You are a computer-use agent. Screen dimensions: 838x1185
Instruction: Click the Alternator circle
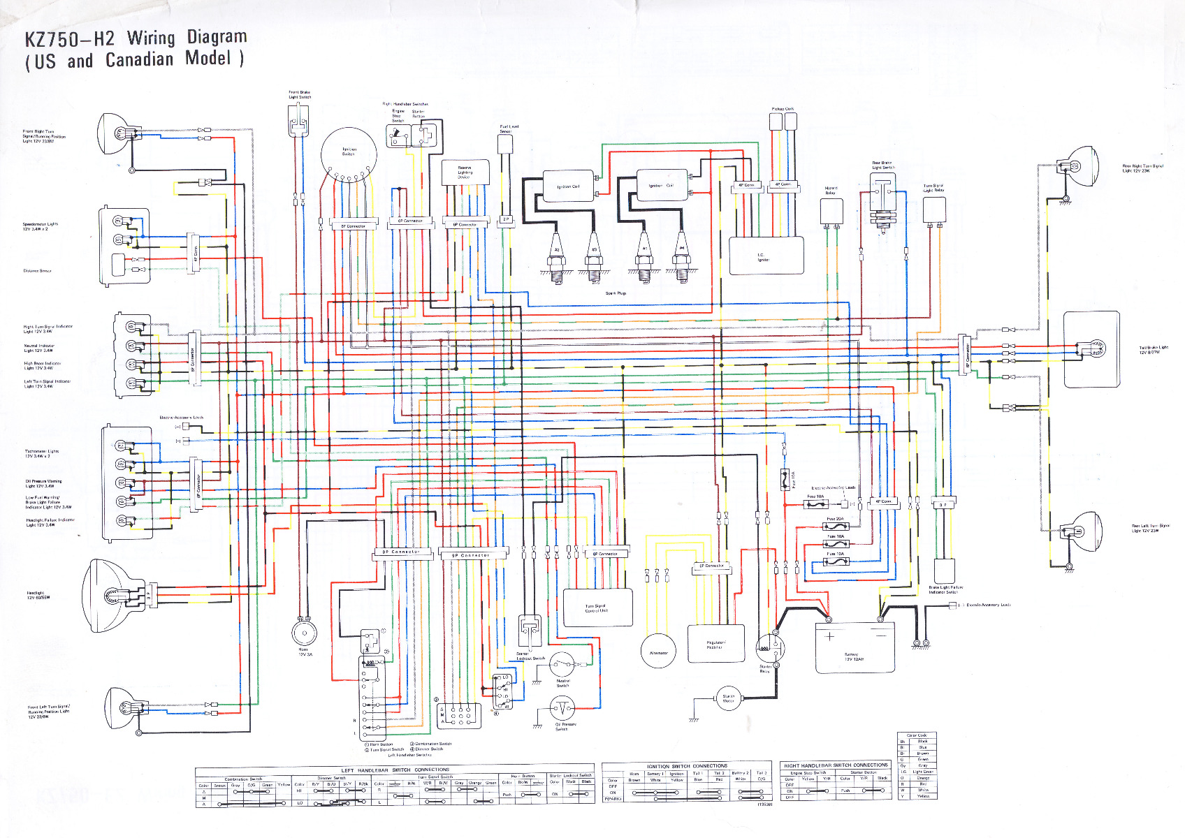658,651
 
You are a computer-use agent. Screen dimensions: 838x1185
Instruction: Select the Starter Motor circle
728,698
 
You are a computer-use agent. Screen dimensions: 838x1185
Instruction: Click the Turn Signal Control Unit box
597,607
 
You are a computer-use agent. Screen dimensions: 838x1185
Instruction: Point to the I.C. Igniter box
766,256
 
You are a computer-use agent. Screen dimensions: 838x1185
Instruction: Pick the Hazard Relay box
831,210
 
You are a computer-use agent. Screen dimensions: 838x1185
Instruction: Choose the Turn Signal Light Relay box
934,209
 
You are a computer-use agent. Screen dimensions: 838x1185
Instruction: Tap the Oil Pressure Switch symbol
562,710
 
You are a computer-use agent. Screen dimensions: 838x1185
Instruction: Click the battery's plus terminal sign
829,636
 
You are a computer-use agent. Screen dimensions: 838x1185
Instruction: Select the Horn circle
304,633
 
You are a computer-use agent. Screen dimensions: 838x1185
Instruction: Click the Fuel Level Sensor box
505,145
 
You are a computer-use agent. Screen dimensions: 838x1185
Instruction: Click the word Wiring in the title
151,38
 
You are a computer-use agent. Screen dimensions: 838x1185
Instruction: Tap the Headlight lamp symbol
114,596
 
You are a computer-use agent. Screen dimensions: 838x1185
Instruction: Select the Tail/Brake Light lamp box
1091,349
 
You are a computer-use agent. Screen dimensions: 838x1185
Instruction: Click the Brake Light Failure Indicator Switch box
945,571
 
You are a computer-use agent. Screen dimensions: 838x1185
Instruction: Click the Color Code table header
917,735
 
